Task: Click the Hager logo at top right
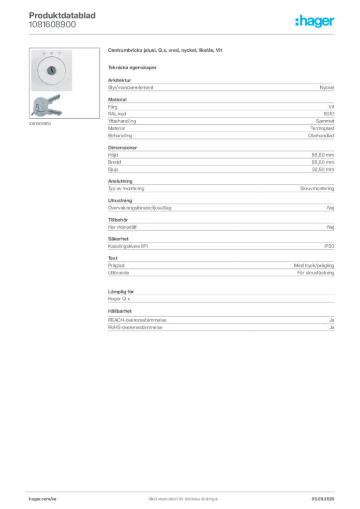315,21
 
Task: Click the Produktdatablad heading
62,15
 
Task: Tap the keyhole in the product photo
52,70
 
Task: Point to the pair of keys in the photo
46,105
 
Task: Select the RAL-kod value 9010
329,114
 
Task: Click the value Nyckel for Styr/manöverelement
327,87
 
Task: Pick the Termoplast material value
322,128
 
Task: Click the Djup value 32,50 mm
323,170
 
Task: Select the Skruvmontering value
317,188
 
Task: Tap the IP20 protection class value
329,246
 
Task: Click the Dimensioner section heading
122,147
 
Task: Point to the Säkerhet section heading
118,239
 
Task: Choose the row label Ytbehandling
122,121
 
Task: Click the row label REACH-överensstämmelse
137,320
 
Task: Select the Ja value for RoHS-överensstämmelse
332,327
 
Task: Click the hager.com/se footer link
43,499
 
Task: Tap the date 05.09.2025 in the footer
323,499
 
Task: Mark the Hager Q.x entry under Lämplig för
119,299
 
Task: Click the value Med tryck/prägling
314,265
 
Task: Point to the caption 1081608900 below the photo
40,124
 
